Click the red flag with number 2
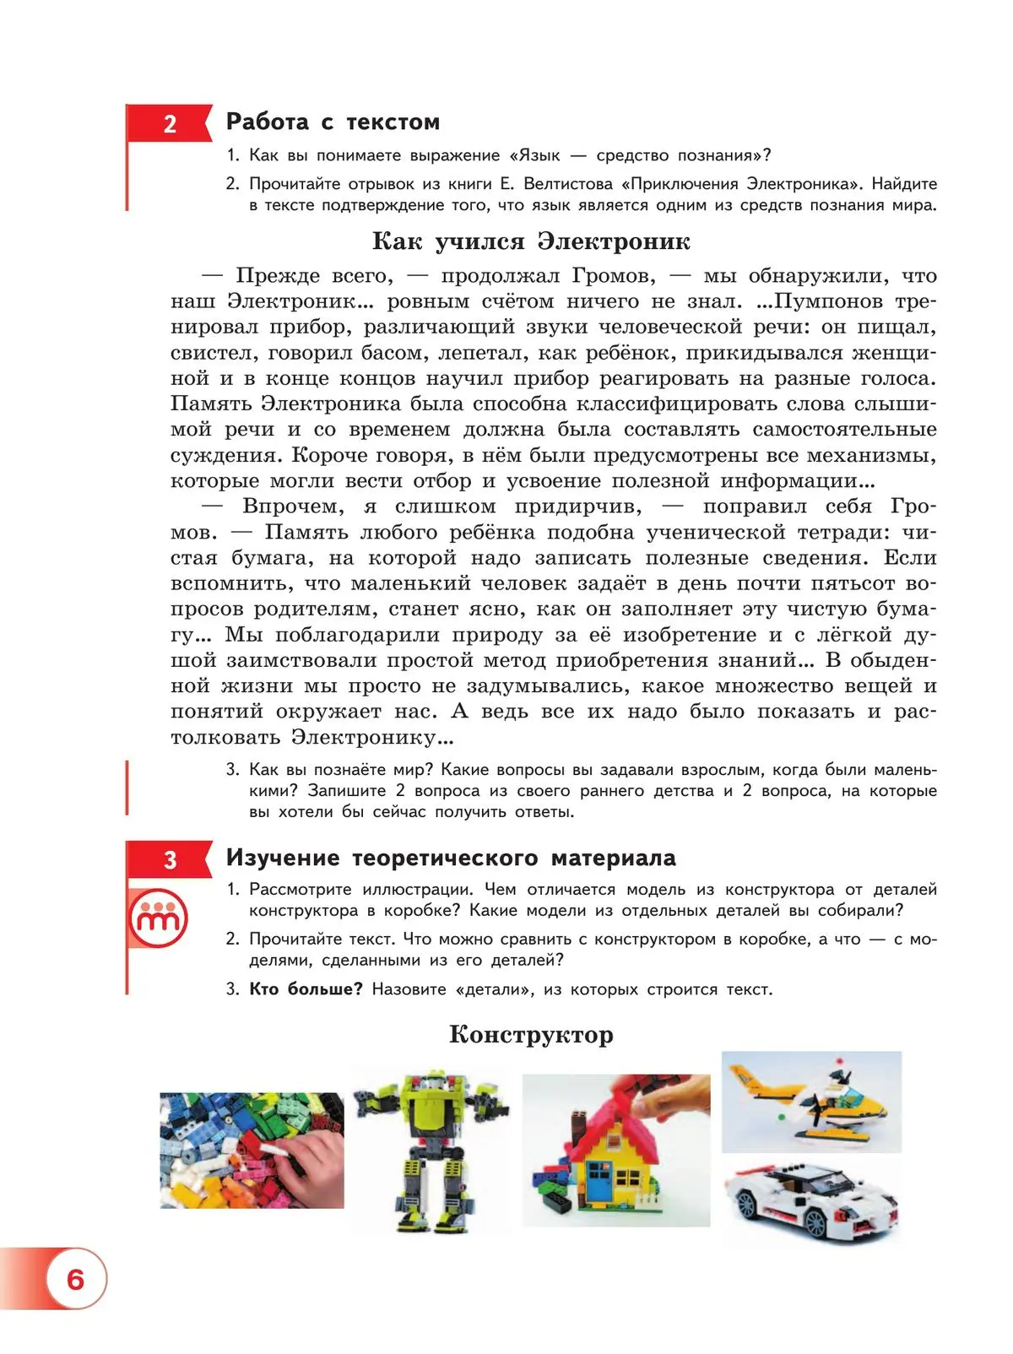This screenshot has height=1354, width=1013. click(x=169, y=124)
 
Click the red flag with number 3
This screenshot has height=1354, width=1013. click(x=169, y=859)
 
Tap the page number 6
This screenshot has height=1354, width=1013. click(x=76, y=1279)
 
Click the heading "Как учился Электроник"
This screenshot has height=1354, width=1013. click(x=531, y=241)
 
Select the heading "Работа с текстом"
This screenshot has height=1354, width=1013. click(x=333, y=122)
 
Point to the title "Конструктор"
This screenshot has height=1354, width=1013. click(x=531, y=1034)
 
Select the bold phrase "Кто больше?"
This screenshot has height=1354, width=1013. click(x=305, y=989)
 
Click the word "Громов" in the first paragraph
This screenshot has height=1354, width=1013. click(x=613, y=276)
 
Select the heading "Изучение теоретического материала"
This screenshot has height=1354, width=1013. click(x=451, y=858)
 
